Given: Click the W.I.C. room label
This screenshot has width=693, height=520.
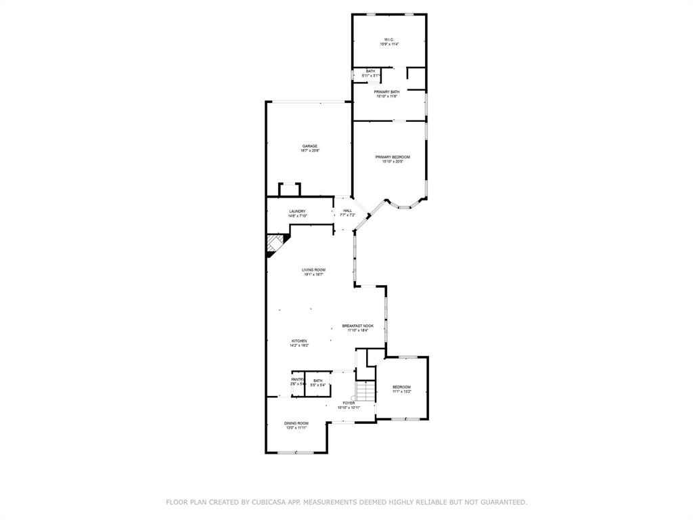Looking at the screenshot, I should pos(388,39).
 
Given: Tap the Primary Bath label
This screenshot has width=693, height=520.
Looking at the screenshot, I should pos(386,91).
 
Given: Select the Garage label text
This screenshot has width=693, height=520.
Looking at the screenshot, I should pos(310,146).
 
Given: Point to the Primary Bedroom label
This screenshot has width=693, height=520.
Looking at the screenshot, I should pos(393,157).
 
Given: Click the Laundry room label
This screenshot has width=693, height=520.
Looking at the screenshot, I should pos(297,211).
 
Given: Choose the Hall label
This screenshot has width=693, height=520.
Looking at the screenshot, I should pos(347,211).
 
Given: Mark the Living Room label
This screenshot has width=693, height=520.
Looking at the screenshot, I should pos(313,269).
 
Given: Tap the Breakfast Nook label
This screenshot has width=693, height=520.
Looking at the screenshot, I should pos(357,326).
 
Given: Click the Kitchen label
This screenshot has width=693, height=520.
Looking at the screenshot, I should pos(299,341).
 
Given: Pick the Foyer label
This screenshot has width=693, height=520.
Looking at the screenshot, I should pos(349,403).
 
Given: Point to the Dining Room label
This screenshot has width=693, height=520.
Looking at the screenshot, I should pos(296,423).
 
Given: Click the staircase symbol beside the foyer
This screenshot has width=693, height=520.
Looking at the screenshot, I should pos(365,391).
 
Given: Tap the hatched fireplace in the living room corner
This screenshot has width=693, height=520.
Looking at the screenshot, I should pos(274,244).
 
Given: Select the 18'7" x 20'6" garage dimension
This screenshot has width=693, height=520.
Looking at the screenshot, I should pos(310,151).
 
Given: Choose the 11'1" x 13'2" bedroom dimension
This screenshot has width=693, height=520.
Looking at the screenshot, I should pos(402,391).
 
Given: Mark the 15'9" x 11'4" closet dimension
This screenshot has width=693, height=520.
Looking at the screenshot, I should pos(388,44).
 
